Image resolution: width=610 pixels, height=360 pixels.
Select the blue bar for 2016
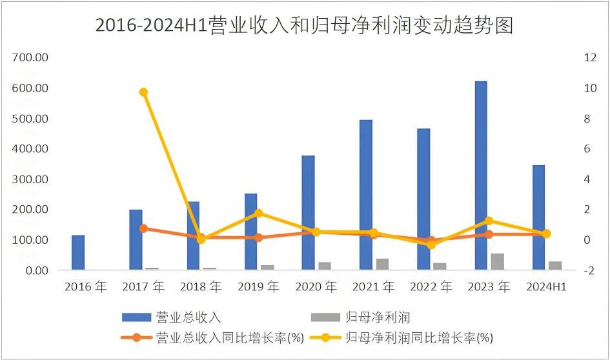pos(78,252)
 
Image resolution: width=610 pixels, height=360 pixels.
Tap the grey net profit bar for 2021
pos(382,264)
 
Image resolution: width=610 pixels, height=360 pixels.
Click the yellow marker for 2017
pos(144,92)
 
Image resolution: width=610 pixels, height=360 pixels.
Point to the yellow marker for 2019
pos(258,213)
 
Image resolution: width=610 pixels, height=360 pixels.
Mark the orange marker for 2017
pos(144,228)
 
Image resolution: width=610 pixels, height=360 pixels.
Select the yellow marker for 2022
pos(431,245)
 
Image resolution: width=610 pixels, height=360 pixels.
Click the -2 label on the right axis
pos(589,270)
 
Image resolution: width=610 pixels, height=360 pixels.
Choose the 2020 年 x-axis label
pos(316,287)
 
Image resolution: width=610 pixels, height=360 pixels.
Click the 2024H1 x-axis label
pos(546,287)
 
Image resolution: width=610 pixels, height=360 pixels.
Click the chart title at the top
pos(304,25)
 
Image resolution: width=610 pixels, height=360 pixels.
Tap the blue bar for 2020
pos(308,213)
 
